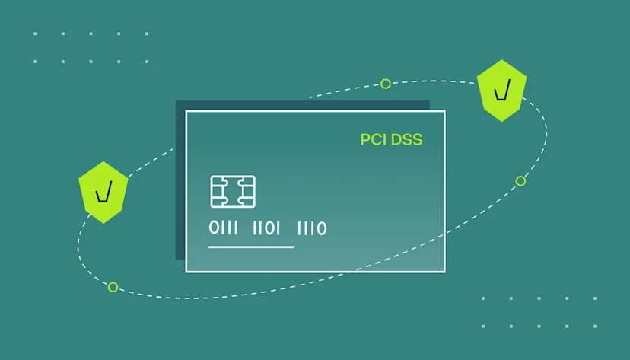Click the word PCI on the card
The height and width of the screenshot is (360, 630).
(373, 140)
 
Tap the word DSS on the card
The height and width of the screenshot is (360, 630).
(406, 140)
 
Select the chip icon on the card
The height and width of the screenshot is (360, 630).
(233, 192)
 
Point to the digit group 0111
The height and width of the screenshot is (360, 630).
(224, 228)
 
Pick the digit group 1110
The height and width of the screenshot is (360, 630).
(311, 228)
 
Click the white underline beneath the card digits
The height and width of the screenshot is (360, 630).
(251, 247)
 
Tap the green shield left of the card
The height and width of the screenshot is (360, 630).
(103, 192)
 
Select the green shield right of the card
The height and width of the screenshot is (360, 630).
(501, 90)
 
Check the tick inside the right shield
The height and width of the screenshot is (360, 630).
(501, 92)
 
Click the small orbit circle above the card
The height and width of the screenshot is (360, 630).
(386, 84)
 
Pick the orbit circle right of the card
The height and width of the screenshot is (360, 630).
(520, 181)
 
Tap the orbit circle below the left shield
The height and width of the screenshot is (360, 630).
(113, 287)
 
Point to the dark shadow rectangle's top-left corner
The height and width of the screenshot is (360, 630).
(177, 101)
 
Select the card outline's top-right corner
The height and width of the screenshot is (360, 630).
(445, 112)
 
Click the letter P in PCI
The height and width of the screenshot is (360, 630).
(364, 140)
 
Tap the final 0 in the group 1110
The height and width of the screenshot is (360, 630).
(322, 228)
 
